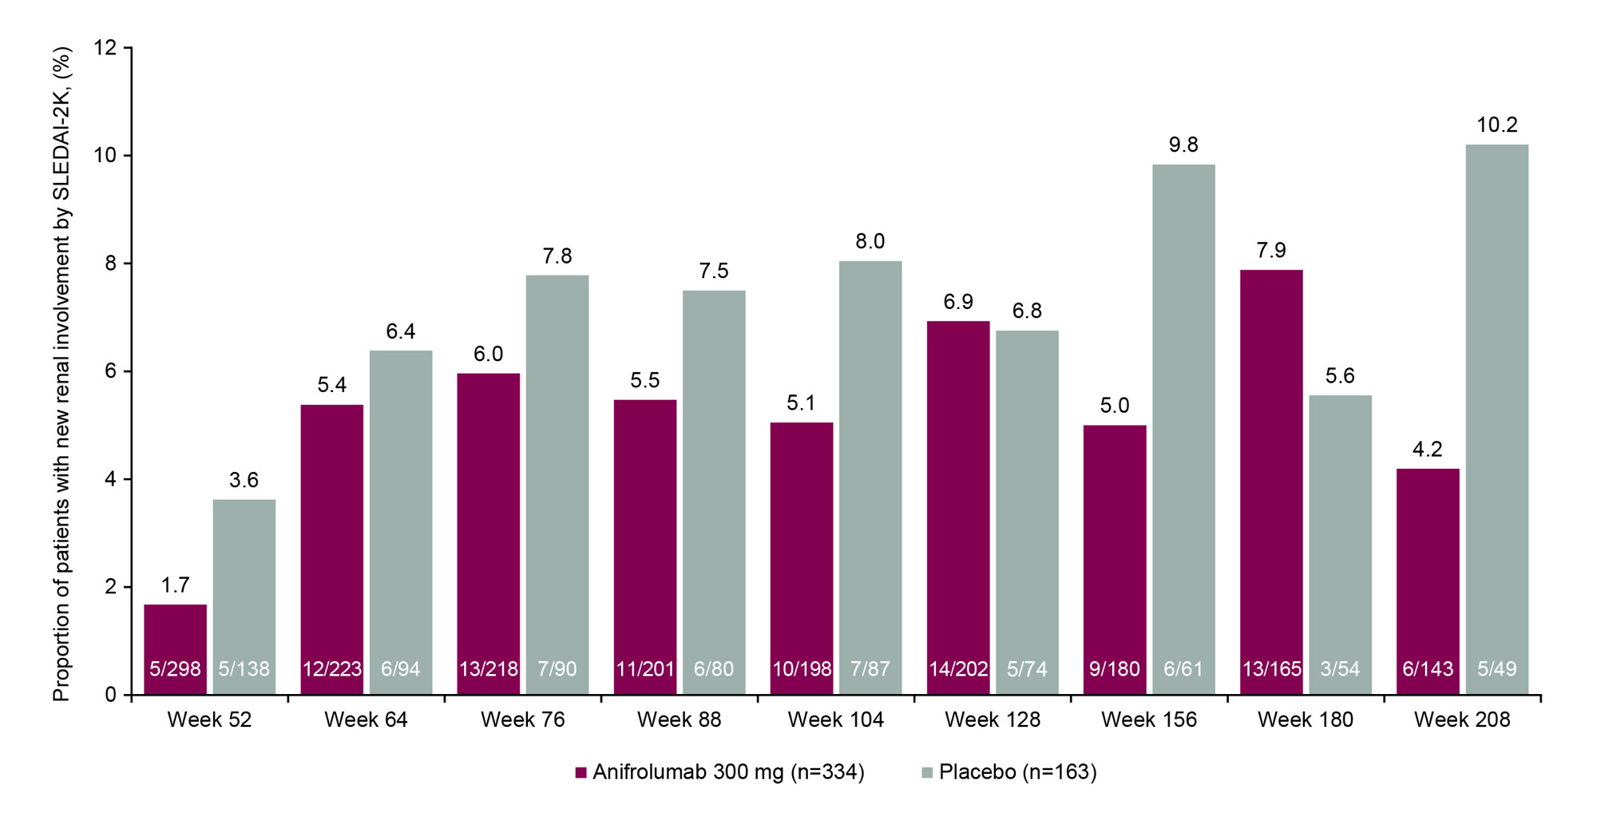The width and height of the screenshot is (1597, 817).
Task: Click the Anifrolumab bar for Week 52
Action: click(x=175, y=639)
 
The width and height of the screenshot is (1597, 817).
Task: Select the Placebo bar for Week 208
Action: click(x=1496, y=415)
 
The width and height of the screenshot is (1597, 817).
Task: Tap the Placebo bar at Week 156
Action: click(x=1183, y=423)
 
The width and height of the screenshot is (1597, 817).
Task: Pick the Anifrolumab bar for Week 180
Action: click(x=1271, y=479)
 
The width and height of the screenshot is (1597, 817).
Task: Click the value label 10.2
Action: click(x=1496, y=125)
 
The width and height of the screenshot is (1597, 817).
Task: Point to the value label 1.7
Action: click(x=175, y=585)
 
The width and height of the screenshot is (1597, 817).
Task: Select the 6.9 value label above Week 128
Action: click(x=958, y=302)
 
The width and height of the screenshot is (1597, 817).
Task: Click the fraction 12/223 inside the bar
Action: click(x=332, y=669)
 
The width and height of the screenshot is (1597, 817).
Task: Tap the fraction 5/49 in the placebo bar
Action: click(x=1496, y=669)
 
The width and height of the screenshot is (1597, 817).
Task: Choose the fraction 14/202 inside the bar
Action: click(x=958, y=669)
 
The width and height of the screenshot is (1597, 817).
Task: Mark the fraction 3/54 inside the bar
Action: click(x=1340, y=669)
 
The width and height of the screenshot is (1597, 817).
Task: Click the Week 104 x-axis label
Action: click(x=835, y=720)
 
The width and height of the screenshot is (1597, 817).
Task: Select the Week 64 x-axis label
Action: click(x=366, y=720)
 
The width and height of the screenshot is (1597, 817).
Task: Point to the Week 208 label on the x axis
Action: click(x=1462, y=720)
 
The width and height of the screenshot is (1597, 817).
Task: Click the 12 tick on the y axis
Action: click(x=105, y=48)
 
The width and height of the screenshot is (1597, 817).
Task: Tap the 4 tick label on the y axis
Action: click(x=110, y=479)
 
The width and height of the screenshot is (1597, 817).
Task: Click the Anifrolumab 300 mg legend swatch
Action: click(x=581, y=773)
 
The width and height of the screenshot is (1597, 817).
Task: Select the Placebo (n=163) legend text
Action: click(x=1017, y=772)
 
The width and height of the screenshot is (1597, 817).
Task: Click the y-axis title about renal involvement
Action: click(x=62, y=374)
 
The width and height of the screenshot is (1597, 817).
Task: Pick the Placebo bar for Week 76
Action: click(x=557, y=479)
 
